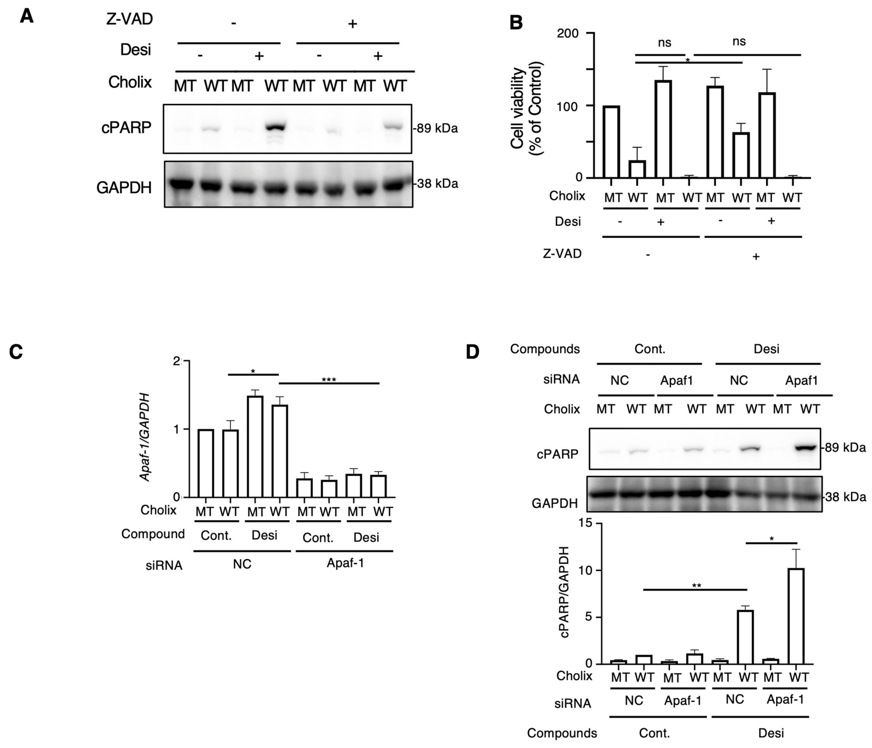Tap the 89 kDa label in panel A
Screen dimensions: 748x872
coord(436,128)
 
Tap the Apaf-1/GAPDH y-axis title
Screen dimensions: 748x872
coord(145,437)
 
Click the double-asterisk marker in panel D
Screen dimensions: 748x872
coord(696,586)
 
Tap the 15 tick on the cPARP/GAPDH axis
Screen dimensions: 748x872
coord(585,523)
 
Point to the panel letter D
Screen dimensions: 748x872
coord(473,351)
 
